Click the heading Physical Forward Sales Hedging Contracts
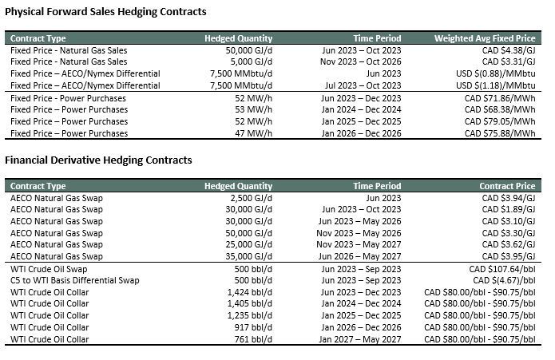click(x=105, y=12)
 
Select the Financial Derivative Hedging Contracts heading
click(x=98, y=160)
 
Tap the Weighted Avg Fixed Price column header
click(x=485, y=38)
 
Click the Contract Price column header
click(x=507, y=186)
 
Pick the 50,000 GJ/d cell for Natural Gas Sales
click(x=249, y=50)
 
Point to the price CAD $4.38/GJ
click(x=509, y=50)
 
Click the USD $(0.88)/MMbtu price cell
click(x=496, y=73)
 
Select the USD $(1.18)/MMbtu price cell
click(x=496, y=85)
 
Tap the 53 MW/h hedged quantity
click(x=253, y=109)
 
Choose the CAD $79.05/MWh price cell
click(x=500, y=121)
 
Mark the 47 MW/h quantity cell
click(x=253, y=133)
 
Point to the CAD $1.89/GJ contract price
click(x=509, y=209)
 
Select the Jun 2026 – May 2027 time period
click(x=359, y=256)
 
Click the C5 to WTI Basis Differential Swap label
click(x=75, y=280)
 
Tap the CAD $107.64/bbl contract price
click(x=502, y=269)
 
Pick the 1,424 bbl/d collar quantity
click(x=250, y=292)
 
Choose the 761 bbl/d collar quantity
click(x=253, y=339)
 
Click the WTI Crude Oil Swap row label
click(x=49, y=269)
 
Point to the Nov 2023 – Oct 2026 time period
click(x=361, y=62)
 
